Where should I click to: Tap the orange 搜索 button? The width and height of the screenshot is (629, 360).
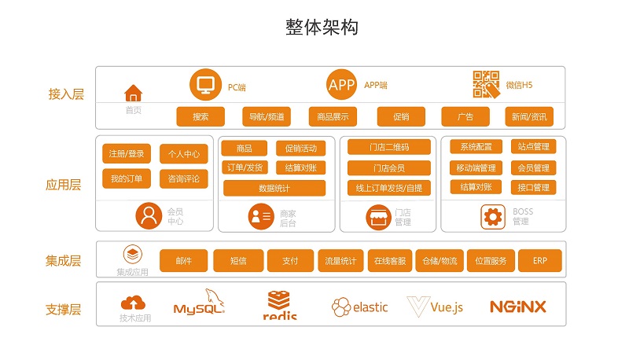coord(200,117)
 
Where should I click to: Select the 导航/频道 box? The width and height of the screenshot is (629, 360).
coord(267,117)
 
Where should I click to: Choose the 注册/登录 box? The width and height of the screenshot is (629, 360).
coord(127,153)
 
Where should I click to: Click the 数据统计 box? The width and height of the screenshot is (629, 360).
coord(274,188)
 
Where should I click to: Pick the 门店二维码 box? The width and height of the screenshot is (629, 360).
coord(389,147)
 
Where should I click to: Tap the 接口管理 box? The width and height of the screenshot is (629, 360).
coord(533,187)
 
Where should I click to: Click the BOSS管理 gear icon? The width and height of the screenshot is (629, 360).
coord(494,216)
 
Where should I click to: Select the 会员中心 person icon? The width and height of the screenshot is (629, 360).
coord(148,215)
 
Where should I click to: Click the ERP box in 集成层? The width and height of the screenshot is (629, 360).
coord(539,261)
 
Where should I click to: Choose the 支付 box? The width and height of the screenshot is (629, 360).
coord(289,261)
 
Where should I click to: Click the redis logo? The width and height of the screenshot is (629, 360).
coord(281,305)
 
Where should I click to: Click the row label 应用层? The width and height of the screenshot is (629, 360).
coord(64,186)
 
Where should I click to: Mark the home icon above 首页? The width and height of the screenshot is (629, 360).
coord(134,93)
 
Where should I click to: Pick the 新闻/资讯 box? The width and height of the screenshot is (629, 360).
coord(529,117)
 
